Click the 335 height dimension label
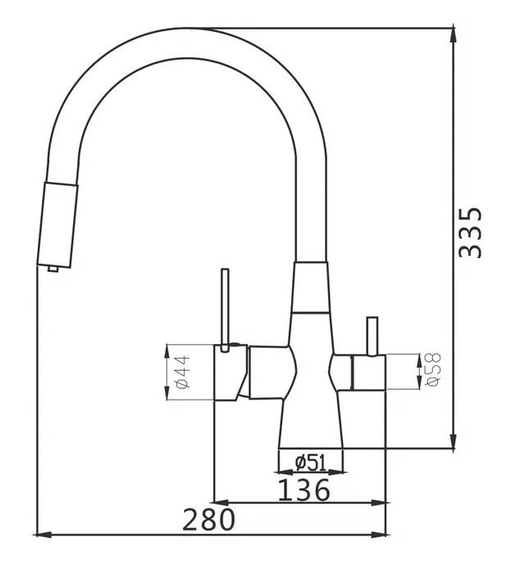(x=470, y=233)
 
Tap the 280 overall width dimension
(x=208, y=520)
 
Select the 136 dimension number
(x=304, y=490)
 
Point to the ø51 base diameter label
(x=310, y=463)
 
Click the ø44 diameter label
(x=183, y=372)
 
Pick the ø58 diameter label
(x=433, y=369)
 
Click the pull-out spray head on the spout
(x=57, y=225)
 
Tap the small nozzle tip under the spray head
(x=52, y=269)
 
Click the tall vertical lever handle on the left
(x=225, y=310)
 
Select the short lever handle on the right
(x=372, y=336)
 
